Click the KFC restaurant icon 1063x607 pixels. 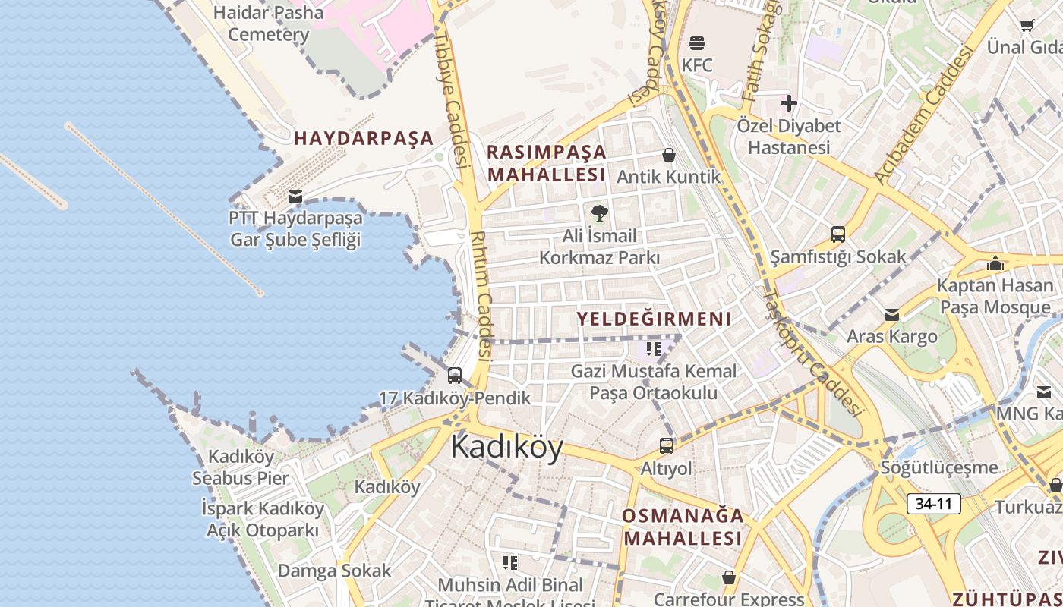697,43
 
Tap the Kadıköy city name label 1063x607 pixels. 506,447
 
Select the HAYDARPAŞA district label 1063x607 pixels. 364,138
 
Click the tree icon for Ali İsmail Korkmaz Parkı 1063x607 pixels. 600,212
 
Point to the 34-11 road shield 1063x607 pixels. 933,503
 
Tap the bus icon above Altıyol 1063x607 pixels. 667,446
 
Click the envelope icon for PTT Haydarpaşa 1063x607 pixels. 295,197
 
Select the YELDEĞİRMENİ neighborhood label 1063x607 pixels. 654,319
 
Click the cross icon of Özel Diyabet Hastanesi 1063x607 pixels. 789,102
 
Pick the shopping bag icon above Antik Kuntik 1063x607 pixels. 669,155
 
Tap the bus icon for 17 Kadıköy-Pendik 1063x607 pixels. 455,375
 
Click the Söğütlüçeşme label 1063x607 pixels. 939,467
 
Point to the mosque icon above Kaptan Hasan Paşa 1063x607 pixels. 995,263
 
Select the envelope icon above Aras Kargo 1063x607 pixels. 892,314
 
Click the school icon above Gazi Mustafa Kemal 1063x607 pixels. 653,348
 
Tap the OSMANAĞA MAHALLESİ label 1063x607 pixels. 682,527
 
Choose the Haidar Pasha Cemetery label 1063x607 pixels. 269,24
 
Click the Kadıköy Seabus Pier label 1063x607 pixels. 241,467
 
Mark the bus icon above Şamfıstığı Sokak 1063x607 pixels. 838,234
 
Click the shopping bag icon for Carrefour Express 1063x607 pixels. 729,578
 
